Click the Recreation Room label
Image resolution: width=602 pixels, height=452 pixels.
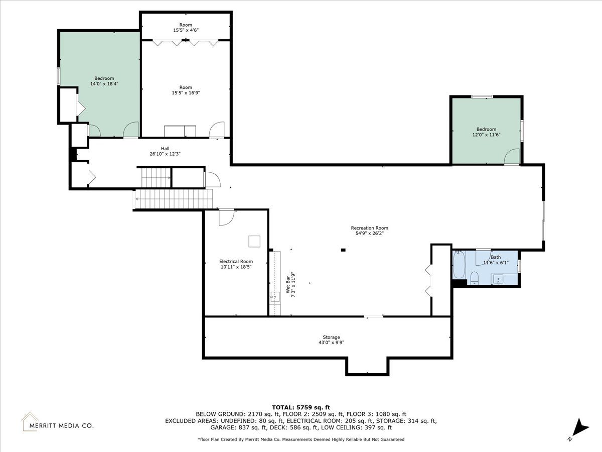tap(369, 228)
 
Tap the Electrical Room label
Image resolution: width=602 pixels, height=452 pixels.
tap(236, 262)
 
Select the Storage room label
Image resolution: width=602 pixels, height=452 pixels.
tap(331, 337)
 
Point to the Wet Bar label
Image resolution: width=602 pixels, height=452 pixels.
tap(288, 285)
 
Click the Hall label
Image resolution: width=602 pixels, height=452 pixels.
tap(165, 149)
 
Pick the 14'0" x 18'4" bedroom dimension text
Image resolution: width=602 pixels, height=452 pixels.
tap(104, 84)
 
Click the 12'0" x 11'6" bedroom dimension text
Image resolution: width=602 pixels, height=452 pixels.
tap(486, 135)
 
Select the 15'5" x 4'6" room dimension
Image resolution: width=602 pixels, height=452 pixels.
tap(186, 30)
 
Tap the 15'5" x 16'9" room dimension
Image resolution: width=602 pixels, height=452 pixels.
tap(186, 93)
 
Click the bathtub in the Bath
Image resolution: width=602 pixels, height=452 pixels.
tap(459, 265)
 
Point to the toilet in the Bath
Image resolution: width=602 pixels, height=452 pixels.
tap(474, 278)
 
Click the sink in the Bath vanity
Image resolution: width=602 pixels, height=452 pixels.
tap(498, 280)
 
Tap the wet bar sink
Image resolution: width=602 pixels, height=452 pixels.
tap(274, 297)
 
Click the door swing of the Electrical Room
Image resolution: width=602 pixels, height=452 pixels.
tap(227, 217)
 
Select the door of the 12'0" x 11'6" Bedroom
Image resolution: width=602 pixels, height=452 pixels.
tap(512, 157)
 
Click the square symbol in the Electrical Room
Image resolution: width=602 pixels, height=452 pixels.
tap(254, 242)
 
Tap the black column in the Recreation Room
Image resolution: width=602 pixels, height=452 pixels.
tap(343, 250)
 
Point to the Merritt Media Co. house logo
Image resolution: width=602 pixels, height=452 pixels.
tap(30, 421)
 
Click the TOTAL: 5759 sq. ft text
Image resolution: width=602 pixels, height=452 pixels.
tap(301, 407)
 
